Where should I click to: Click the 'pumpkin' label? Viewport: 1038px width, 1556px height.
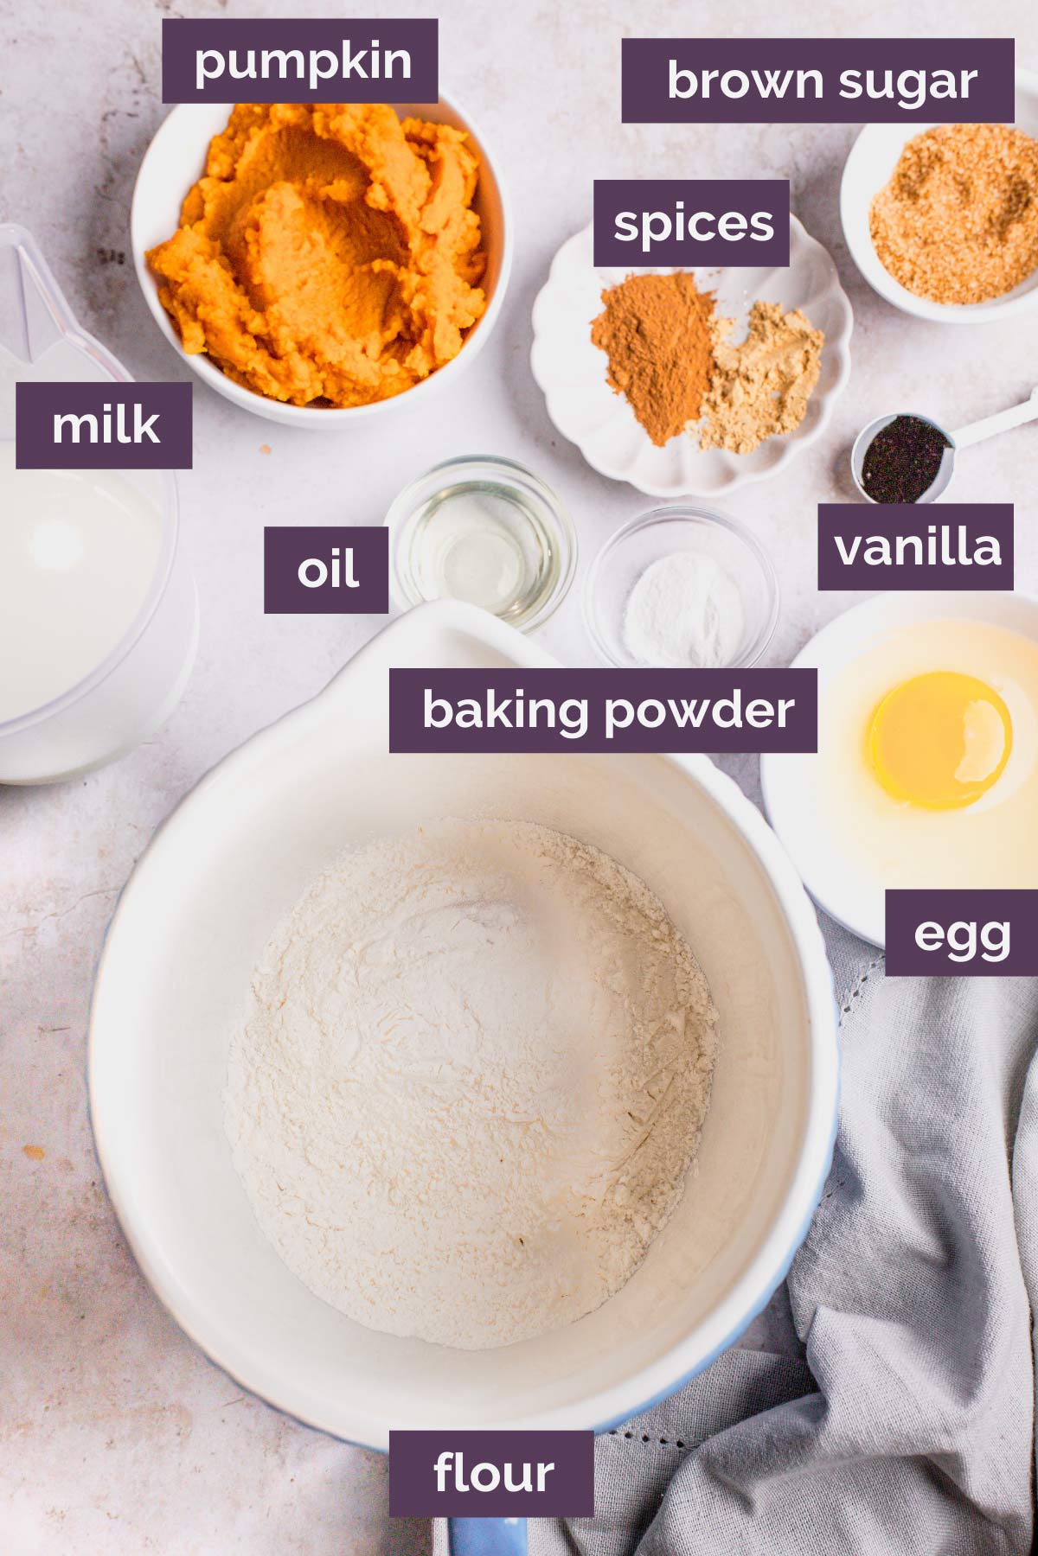click(300, 61)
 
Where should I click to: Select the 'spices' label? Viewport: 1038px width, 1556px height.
click(691, 224)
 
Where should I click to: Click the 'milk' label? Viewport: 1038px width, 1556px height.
click(104, 425)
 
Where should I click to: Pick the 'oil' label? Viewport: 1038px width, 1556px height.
click(326, 570)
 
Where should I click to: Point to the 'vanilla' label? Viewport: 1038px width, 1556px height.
click(915, 547)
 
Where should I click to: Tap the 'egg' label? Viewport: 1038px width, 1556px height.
click(960, 934)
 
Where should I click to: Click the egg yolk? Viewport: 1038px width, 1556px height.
click(939, 740)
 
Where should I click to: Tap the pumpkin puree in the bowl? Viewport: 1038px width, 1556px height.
click(320, 259)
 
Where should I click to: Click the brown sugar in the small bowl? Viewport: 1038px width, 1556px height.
click(956, 216)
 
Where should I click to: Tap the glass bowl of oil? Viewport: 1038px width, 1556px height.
click(480, 540)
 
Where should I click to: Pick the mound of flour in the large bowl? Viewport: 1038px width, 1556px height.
click(471, 1081)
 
